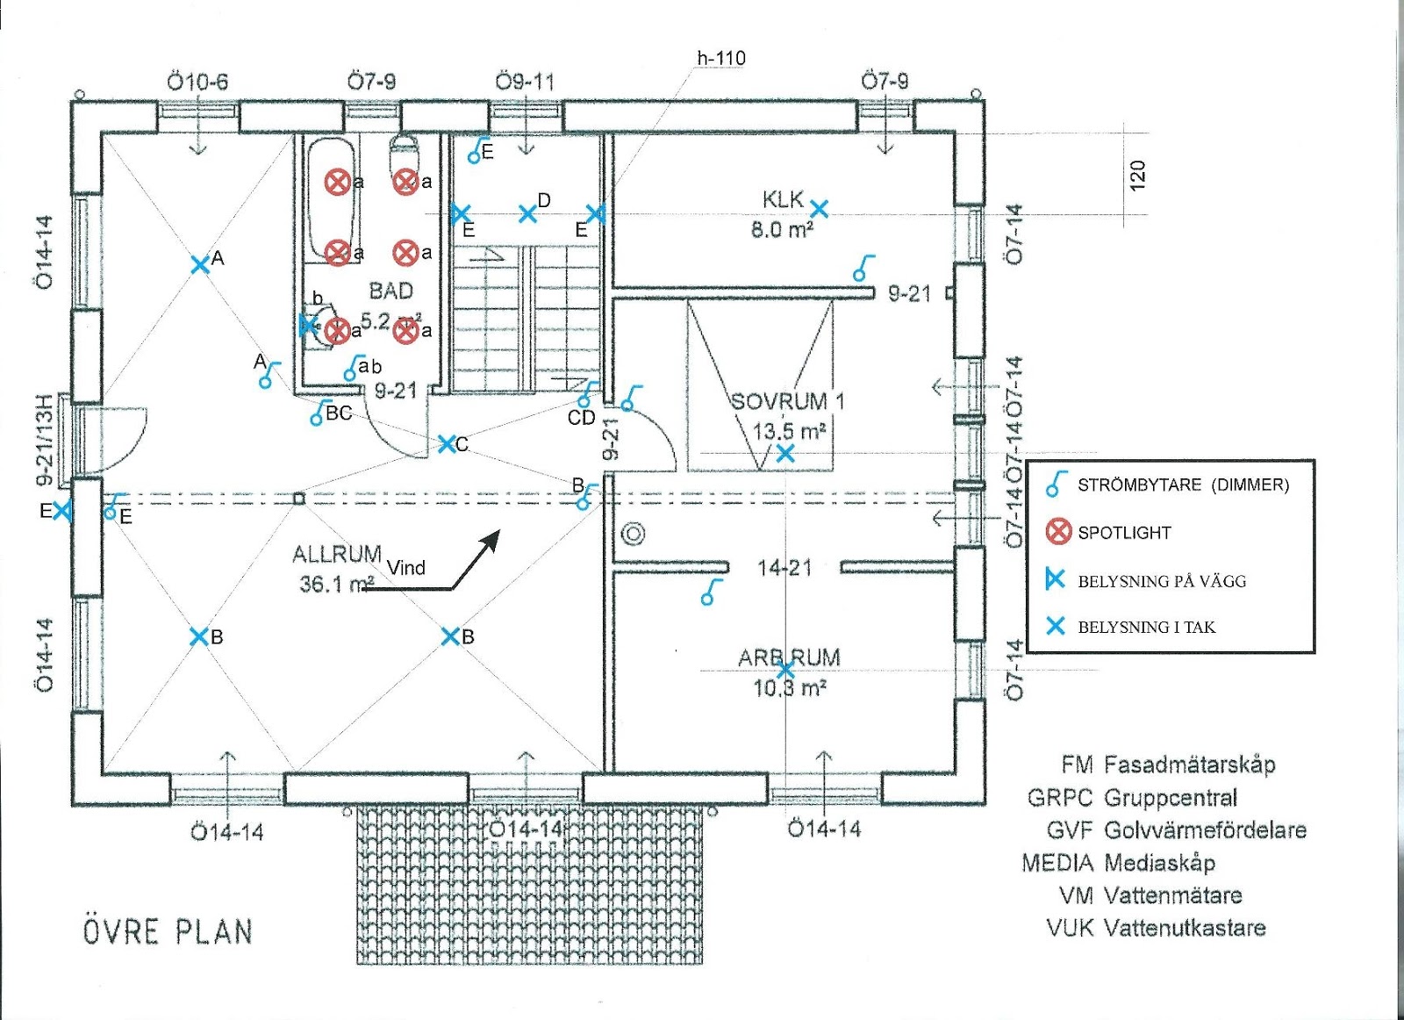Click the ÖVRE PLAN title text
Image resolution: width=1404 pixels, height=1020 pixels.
tap(168, 931)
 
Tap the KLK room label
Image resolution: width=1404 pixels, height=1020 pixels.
tap(782, 200)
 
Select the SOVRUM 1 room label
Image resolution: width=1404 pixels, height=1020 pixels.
tap(787, 402)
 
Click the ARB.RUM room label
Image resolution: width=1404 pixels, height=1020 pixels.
tap(789, 657)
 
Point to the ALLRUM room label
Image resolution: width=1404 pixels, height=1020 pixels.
tap(336, 555)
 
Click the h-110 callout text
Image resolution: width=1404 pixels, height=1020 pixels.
tap(721, 58)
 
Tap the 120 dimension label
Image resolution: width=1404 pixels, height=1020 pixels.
tap(1137, 176)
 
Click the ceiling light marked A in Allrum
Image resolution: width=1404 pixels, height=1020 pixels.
tap(200, 263)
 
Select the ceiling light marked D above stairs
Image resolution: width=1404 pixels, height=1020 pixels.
tap(527, 213)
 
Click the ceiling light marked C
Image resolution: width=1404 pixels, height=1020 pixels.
tap(447, 444)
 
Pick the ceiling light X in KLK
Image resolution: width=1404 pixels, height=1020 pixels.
tap(819, 209)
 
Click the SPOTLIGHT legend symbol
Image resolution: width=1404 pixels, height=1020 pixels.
tap(1058, 531)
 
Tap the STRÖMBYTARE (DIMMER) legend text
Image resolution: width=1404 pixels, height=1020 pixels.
tap(1183, 485)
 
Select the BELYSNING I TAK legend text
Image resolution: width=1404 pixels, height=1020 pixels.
tap(1146, 627)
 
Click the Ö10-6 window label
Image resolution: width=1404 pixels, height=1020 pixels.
tap(197, 83)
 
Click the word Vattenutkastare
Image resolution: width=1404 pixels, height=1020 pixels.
tap(1185, 928)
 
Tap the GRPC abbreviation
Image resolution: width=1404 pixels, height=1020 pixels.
tap(1059, 798)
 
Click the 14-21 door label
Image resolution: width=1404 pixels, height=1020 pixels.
tap(784, 568)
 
